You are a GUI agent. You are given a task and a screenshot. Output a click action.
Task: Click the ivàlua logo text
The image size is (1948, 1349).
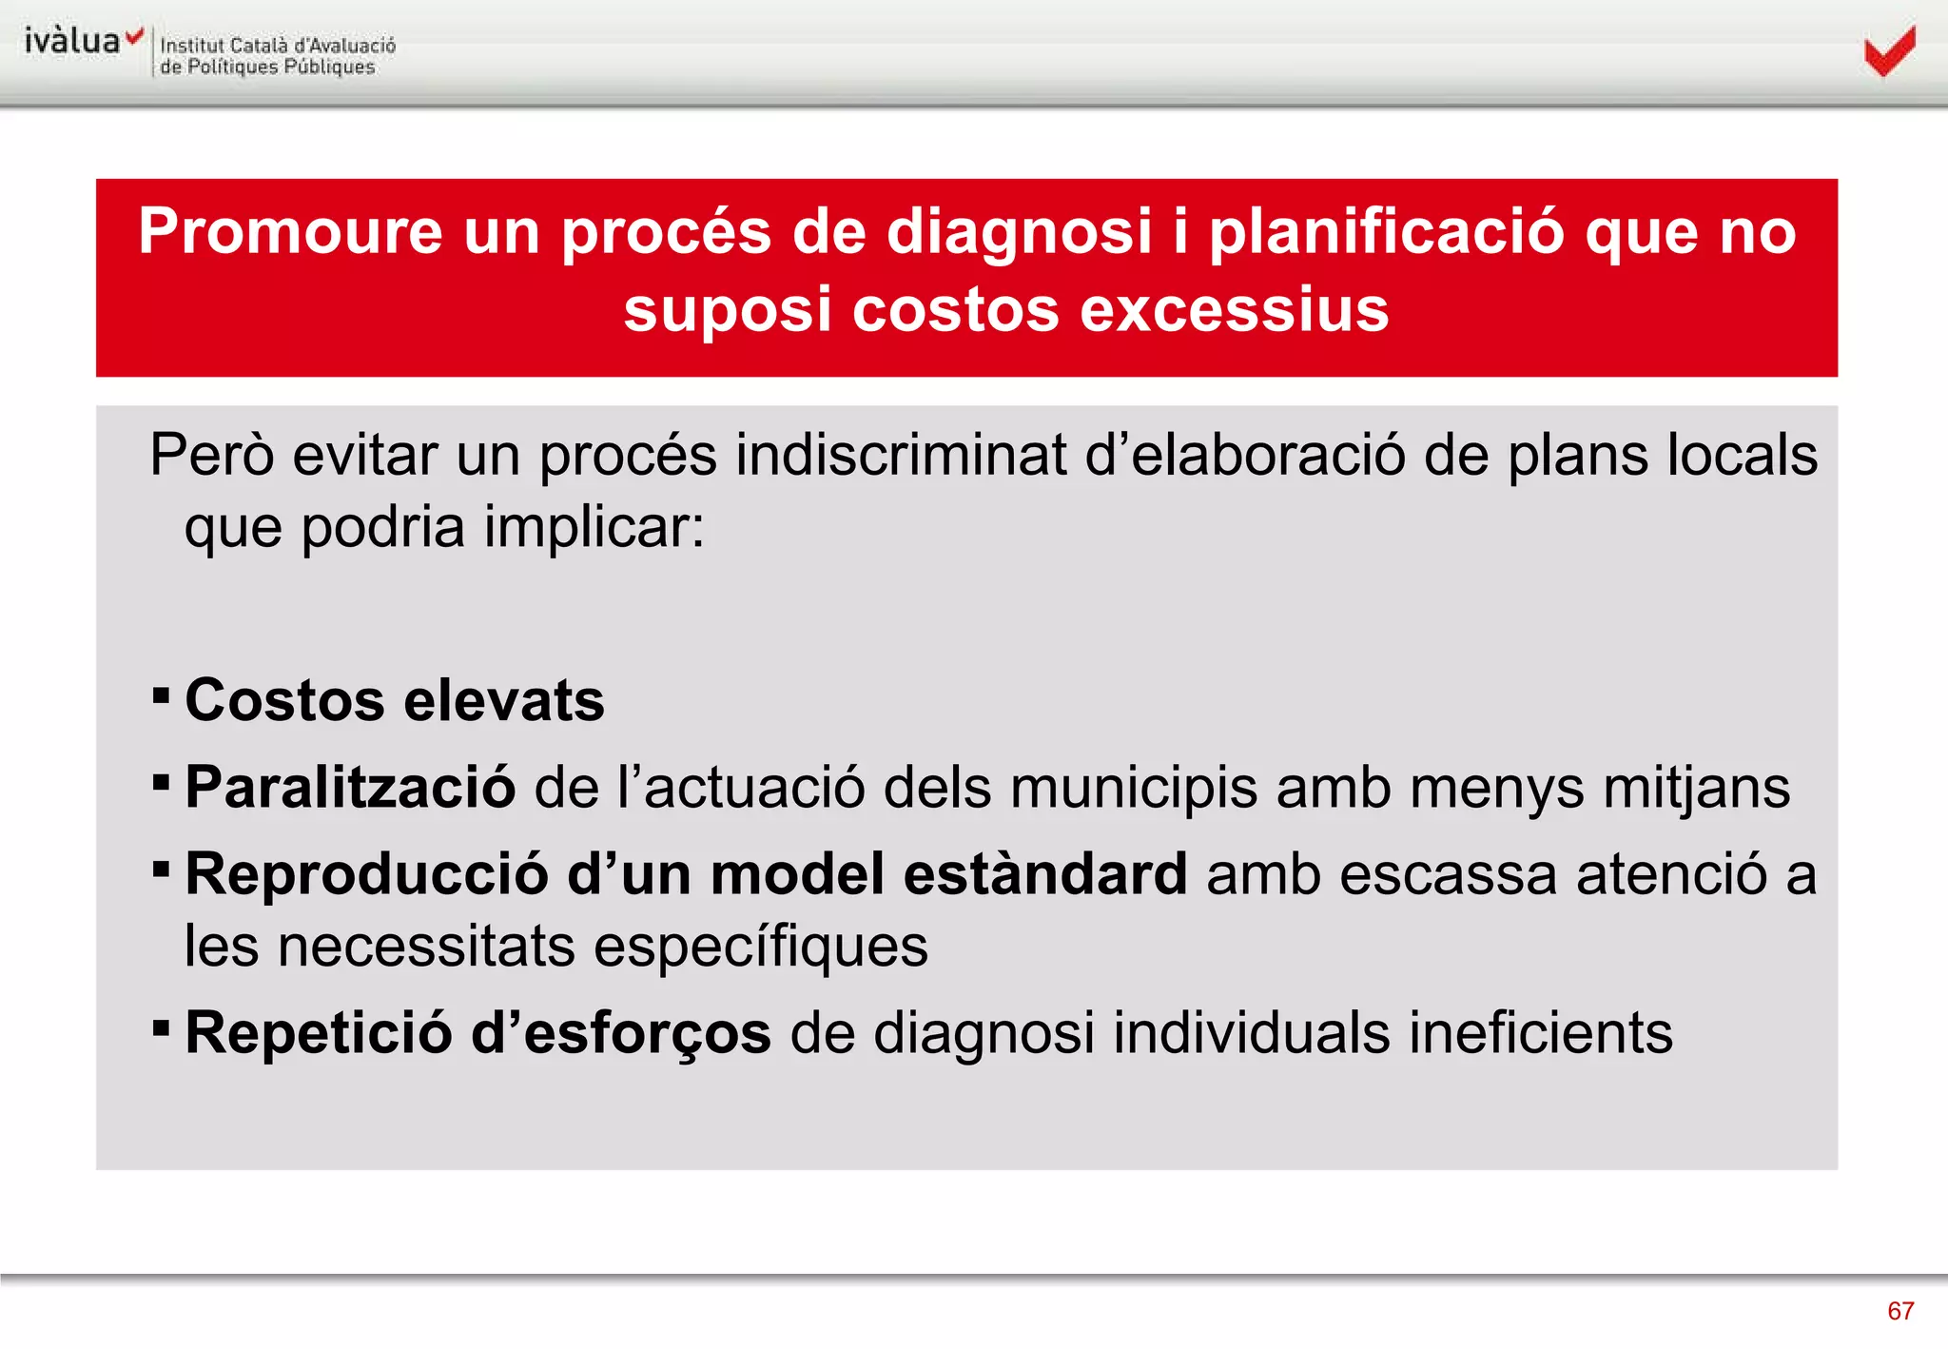tap(73, 41)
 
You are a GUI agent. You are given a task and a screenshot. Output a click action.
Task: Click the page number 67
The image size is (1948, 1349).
tap(1899, 1311)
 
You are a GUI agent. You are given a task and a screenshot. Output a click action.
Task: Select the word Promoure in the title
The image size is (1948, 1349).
tap(290, 231)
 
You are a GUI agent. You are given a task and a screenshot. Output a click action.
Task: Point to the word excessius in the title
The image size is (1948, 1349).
tap(1234, 310)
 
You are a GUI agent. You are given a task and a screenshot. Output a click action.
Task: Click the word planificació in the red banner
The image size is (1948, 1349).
tap(1386, 231)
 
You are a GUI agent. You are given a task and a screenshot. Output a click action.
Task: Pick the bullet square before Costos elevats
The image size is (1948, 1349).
tap(161, 695)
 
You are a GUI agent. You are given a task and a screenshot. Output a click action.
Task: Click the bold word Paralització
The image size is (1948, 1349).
tap(350, 788)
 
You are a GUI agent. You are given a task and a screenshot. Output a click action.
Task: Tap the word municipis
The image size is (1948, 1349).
tap(1133, 788)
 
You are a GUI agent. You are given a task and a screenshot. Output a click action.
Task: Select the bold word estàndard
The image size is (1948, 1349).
tap(1044, 873)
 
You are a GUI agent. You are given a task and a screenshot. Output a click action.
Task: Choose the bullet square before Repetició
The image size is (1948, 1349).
tap(161, 1027)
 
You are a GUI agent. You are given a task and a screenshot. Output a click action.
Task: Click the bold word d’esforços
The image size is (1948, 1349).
tap(620, 1033)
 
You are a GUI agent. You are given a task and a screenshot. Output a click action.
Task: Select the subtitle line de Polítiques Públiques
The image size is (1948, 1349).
tap(267, 68)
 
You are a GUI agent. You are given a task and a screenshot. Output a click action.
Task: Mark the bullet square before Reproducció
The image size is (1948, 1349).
tap(161, 869)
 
